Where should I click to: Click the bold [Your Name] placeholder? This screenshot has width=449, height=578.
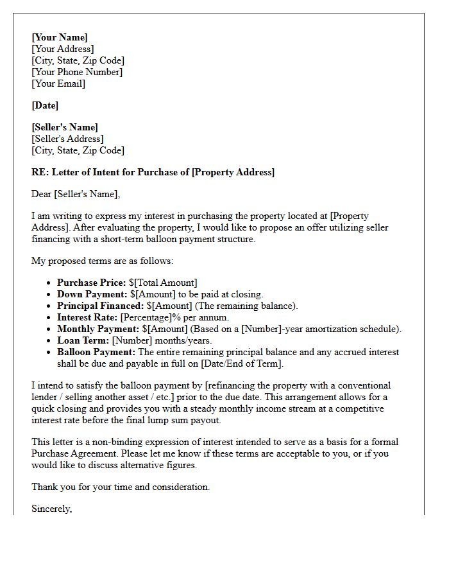click(60, 37)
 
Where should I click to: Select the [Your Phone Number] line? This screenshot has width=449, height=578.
click(77, 72)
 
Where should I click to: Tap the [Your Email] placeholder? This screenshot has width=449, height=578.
click(58, 83)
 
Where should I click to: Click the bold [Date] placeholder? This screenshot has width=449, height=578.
click(45, 105)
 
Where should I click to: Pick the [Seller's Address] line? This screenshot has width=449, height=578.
click(67, 139)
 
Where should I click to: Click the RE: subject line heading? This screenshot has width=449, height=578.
click(153, 172)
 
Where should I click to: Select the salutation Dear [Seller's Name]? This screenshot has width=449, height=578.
click(76, 194)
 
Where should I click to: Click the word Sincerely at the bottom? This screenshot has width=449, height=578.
click(51, 509)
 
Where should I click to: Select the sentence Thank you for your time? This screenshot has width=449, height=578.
click(121, 487)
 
